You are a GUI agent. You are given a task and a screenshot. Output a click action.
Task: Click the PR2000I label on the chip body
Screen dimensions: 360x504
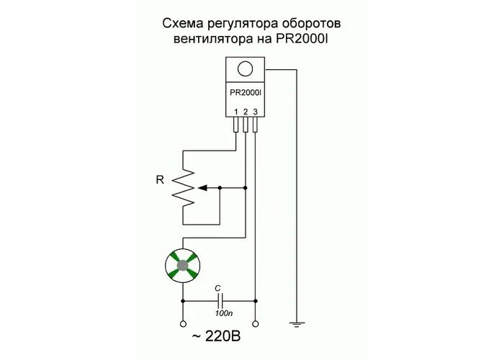point(246,93)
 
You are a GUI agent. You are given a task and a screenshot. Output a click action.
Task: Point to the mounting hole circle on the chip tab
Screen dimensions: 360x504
point(246,69)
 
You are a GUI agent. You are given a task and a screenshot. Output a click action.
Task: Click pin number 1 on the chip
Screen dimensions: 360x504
point(235,111)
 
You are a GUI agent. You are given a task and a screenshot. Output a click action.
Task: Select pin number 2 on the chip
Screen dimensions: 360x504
point(246,111)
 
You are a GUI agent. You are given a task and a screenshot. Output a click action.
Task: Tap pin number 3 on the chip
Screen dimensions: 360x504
point(255,111)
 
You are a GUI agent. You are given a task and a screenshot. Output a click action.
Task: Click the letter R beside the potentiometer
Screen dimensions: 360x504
point(160,179)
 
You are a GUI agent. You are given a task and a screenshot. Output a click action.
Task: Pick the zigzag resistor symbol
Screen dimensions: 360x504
point(183,187)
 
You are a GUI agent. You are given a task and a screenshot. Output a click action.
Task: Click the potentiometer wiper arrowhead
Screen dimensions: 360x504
point(202,187)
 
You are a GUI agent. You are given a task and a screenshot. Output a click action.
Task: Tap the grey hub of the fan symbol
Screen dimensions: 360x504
point(183,265)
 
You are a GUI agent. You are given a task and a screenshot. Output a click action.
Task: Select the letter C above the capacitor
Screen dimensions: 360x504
point(219,287)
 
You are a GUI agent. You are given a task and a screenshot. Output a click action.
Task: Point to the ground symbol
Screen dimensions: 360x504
point(296,325)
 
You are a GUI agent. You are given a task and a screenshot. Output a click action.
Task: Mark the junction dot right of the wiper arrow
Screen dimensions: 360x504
point(246,187)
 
